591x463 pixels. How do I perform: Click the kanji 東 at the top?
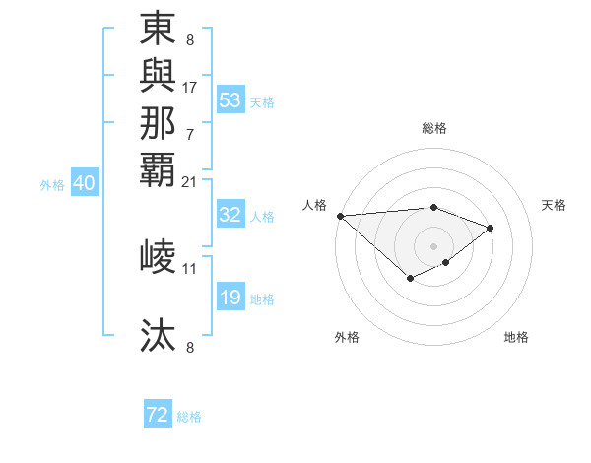point(159,30)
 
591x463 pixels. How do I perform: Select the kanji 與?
point(159,77)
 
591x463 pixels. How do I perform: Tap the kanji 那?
point(159,122)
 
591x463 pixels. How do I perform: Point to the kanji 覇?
point(159,167)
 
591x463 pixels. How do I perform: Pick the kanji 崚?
point(159,256)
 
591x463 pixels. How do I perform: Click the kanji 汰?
point(159,336)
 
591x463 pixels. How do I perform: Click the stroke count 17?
point(190,87)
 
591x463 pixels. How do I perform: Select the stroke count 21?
point(190,181)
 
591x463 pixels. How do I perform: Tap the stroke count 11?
point(190,268)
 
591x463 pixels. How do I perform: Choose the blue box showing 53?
point(230,100)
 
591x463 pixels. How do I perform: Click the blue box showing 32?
point(230,216)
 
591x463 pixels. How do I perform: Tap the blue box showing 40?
point(85,183)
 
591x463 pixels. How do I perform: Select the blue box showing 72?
point(158,416)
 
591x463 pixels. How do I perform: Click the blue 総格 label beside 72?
point(190,417)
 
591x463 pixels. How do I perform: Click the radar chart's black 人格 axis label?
point(315,205)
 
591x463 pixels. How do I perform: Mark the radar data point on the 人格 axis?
point(340,216)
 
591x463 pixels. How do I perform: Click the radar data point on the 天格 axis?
point(490,228)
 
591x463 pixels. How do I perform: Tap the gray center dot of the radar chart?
point(433,245)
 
